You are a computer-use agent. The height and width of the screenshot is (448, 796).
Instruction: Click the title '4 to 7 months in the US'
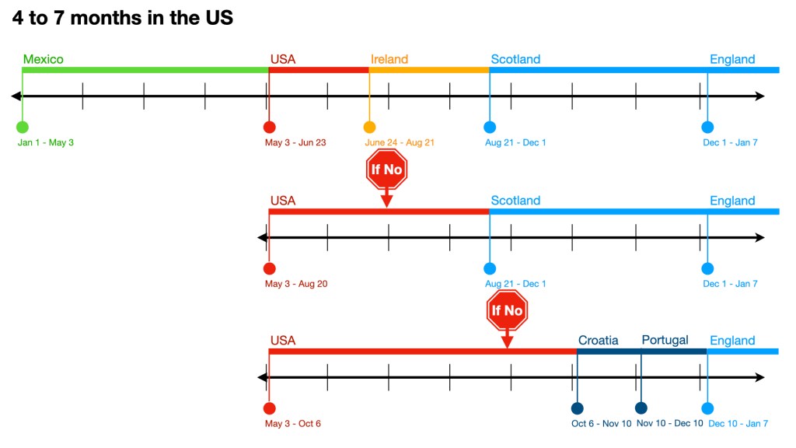click(123, 18)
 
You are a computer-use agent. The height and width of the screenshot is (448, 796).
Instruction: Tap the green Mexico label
click(44, 59)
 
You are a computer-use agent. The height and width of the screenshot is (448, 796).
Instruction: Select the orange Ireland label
click(389, 59)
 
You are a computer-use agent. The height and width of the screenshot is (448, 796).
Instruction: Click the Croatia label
click(599, 340)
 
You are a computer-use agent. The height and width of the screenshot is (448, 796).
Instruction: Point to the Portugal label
click(665, 340)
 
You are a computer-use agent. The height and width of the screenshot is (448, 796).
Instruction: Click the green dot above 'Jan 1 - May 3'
click(22, 127)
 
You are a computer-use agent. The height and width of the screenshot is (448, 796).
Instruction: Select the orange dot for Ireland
click(369, 127)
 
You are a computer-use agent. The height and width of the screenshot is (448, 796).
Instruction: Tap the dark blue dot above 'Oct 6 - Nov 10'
click(577, 408)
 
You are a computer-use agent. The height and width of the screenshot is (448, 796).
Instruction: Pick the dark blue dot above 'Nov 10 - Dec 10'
click(641, 408)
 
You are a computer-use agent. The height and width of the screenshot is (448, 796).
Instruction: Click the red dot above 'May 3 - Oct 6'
click(269, 408)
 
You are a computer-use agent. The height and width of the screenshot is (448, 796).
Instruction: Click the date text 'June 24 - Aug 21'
click(400, 142)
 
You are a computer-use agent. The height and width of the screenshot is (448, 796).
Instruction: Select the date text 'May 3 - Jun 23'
click(295, 142)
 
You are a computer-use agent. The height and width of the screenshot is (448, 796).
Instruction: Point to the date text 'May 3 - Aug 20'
click(296, 284)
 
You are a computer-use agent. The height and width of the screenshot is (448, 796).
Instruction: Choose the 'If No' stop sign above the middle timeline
click(386, 169)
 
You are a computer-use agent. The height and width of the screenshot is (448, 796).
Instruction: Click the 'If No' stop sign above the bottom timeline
click(507, 310)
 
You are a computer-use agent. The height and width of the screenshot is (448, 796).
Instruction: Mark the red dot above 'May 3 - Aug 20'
click(269, 268)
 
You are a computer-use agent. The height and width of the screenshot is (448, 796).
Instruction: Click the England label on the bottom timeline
click(732, 341)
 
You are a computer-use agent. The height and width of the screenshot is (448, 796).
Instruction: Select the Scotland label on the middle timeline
click(515, 201)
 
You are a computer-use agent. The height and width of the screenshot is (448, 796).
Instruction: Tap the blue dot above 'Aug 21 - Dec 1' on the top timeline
click(490, 127)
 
